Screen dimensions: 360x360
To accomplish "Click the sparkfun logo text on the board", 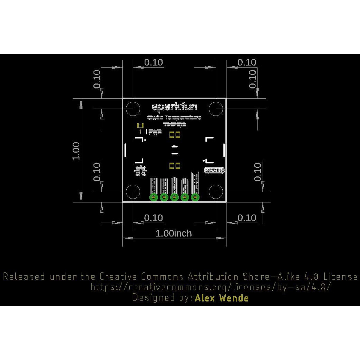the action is tap(174, 106).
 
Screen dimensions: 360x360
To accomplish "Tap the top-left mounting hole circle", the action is tap(133, 109).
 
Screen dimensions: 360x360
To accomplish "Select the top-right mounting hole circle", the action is tap(216, 109).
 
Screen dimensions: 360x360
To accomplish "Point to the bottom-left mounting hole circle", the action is tap(133, 192).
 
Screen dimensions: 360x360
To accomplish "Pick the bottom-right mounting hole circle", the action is tap(216, 192).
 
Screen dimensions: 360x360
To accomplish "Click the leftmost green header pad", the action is tap(154, 197).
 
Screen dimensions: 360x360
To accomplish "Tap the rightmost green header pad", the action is tap(195, 197).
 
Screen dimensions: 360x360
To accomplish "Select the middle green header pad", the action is tap(174, 197).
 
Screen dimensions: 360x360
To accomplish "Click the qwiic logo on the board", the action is tap(214, 170).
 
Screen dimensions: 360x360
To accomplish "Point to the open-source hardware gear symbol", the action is tap(140, 170).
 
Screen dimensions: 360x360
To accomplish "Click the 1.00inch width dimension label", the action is tap(173, 233).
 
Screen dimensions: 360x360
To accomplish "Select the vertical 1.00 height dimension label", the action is tap(76, 151).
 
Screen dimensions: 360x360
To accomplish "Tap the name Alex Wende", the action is tap(222, 298).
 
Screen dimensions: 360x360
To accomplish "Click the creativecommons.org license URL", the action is tap(211, 287).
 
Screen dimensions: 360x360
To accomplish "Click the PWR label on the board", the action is tap(155, 132).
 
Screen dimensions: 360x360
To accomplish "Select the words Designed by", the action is tap(162, 298).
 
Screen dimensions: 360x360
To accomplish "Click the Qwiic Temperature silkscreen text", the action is tap(174, 118).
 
